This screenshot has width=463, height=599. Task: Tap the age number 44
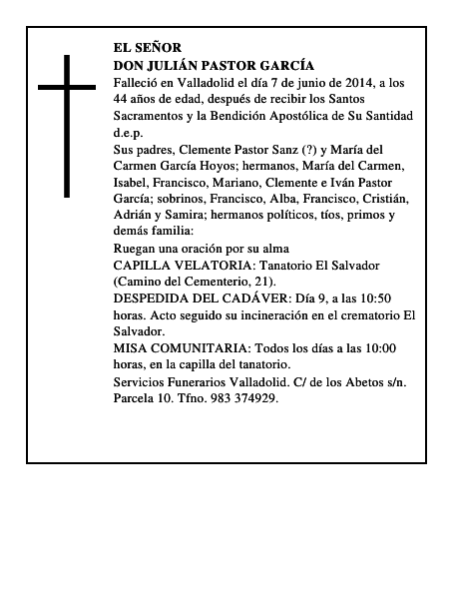tap(122, 99)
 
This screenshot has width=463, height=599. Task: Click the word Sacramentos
tap(149, 116)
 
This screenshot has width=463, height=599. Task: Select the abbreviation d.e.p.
tap(128, 133)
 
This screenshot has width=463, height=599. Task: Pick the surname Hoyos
tap(247, 166)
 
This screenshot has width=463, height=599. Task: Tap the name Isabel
tap(131, 183)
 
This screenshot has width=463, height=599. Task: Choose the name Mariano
tap(248, 183)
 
